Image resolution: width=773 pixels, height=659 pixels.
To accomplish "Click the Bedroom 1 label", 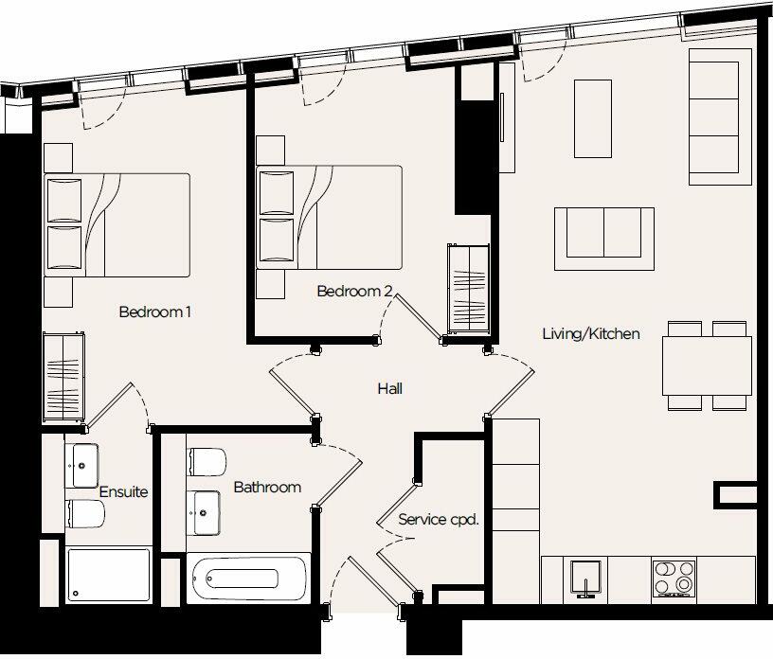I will [155, 312].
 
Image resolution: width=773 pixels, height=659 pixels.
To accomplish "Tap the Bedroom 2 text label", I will [354, 292].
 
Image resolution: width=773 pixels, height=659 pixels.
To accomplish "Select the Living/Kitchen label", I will [591, 333].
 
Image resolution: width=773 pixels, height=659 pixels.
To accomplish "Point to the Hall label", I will [390, 388].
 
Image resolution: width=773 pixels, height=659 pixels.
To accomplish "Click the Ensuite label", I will [123, 492].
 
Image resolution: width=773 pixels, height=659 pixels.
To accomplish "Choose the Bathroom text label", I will [267, 488].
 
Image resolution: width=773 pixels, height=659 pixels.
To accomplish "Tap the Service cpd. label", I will [438, 520].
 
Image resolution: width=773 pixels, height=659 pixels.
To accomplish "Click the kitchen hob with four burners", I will [674, 578].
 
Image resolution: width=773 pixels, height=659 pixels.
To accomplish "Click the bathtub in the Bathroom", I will [248, 579].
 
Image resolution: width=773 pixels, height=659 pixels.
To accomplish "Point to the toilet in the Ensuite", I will [84, 515].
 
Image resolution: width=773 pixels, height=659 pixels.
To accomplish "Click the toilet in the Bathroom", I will [207, 462].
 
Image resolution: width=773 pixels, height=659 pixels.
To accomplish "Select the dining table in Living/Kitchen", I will [707, 365].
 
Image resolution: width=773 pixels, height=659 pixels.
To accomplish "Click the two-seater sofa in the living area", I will [603, 231].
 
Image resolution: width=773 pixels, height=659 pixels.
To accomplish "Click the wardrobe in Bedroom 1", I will [64, 376].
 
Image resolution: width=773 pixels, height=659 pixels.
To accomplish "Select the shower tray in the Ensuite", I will [109, 574].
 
